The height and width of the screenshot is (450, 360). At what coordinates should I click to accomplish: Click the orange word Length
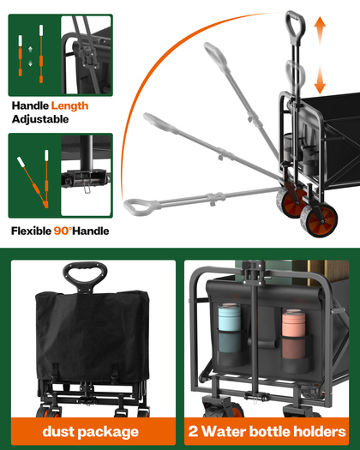[x=69, y=106]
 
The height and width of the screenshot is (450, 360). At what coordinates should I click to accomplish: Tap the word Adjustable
[x=40, y=119]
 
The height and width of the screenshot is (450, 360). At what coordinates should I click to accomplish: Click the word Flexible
[x=31, y=231]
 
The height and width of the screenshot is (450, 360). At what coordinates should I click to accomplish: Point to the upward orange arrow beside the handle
[x=320, y=31]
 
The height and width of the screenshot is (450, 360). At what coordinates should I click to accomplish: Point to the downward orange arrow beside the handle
[x=320, y=79]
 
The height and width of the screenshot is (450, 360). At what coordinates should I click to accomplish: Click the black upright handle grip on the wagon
[x=295, y=26]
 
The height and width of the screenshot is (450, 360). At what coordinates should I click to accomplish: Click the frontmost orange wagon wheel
[x=319, y=220]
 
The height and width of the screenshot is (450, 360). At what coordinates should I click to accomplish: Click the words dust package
[x=91, y=432]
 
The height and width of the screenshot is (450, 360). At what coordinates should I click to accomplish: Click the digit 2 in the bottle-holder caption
[x=193, y=431]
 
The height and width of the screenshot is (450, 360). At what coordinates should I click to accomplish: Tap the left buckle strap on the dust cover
[x=56, y=372]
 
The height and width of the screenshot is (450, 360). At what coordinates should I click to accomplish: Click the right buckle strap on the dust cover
[x=115, y=374]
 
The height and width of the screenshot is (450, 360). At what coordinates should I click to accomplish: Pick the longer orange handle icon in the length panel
[x=41, y=54]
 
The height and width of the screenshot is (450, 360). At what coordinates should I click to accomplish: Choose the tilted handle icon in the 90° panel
[x=33, y=182]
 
